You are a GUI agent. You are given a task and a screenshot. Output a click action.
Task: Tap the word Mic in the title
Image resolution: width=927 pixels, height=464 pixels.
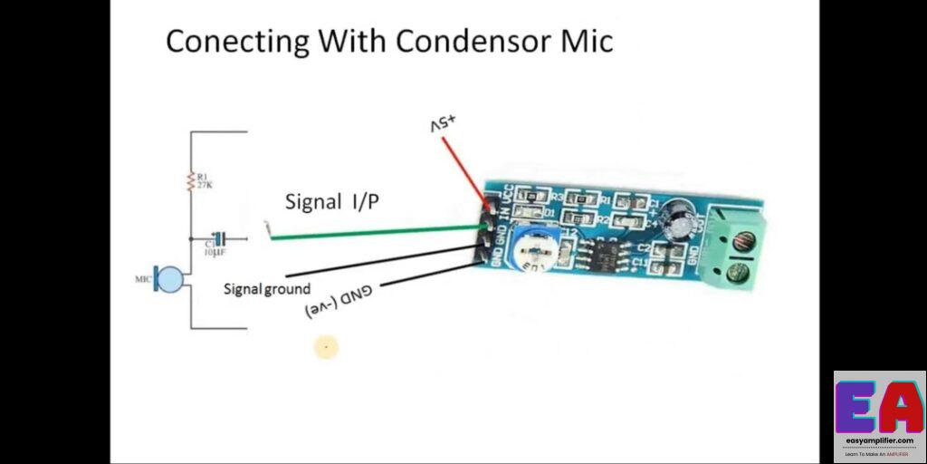coord(587,41)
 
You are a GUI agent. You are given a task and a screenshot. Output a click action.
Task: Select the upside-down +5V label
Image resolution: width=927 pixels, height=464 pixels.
coord(446,124)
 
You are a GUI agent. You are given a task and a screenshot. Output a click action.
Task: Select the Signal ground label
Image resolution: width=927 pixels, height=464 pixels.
coord(267,289)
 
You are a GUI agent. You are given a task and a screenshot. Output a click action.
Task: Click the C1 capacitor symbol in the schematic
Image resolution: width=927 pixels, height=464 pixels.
coord(216,239)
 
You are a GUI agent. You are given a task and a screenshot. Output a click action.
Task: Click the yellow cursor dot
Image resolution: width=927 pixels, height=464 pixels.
coord(326,346)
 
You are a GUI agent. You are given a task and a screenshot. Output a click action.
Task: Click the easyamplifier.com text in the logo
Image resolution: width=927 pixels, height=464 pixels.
coord(879,441)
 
